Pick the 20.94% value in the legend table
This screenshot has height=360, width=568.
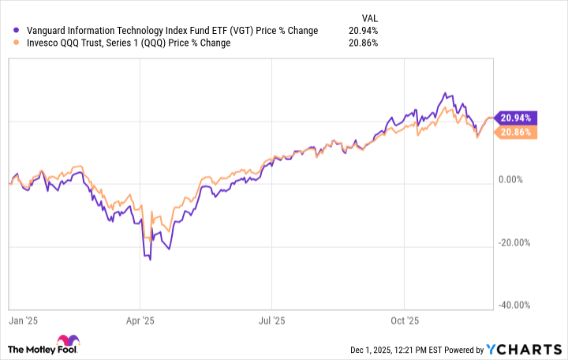click(364, 31)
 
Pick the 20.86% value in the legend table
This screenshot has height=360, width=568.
click(364, 43)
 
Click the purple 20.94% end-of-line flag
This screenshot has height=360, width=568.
click(514, 118)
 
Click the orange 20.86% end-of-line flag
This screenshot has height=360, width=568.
click(514, 132)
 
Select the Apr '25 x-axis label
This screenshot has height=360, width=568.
click(139, 321)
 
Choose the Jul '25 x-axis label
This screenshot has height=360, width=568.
click(271, 321)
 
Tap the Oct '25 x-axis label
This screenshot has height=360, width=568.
click(403, 321)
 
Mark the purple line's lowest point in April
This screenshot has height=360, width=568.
click(150, 259)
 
